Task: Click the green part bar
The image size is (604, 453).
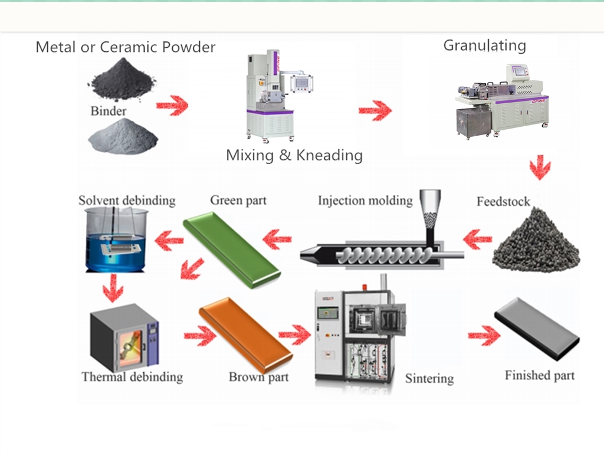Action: tap(231, 250)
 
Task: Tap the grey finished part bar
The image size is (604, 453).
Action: tap(537, 329)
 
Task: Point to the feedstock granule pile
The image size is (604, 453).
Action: tap(536, 239)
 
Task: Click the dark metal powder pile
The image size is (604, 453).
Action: tap(123, 80)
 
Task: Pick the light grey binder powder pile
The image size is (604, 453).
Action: tap(123, 136)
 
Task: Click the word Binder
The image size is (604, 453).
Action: tap(109, 111)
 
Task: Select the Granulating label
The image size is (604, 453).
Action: tap(485, 45)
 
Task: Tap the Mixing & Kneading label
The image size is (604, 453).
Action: tap(294, 155)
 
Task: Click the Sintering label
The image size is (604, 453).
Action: tap(429, 378)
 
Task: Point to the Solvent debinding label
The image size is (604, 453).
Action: tap(127, 201)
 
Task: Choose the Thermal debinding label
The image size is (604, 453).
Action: tap(132, 377)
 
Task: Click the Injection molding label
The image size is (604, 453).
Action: tap(365, 201)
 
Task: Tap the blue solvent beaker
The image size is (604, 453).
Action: tap(115, 239)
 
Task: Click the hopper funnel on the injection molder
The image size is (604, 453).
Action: tap(430, 209)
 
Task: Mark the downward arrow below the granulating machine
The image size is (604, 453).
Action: tap(540, 168)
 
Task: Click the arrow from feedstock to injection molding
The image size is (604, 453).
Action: tap(478, 239)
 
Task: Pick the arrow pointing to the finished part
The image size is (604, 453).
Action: tap(484, 335)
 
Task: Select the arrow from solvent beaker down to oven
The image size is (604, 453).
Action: tap(113, 288)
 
